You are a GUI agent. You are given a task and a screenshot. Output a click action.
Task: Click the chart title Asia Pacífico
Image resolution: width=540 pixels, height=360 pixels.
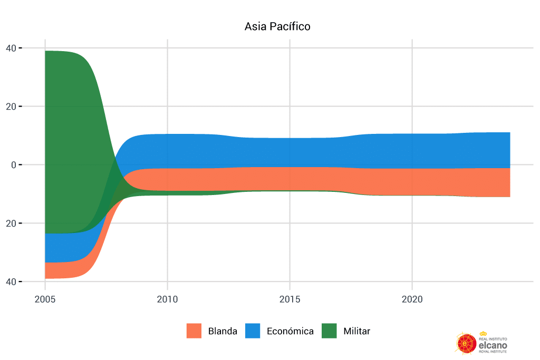tap(277, 26)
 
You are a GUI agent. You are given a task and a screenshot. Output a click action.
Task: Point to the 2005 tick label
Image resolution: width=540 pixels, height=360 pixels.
tap(45, 299)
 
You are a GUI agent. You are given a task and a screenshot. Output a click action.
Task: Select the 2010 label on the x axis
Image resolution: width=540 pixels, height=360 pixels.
tap(167, 299)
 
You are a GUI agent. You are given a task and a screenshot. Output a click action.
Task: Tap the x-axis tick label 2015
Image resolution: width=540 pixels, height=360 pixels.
tap(290, 299)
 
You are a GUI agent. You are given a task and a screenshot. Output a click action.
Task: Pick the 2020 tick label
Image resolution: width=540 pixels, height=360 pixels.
tap(412, 299)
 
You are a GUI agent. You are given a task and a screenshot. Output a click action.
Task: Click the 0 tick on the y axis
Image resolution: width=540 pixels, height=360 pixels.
tap(15, 165)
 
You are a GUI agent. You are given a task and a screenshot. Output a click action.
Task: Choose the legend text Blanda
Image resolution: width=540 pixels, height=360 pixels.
tap(223, 332)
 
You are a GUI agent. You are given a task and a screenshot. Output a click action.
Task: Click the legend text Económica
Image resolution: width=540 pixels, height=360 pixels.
tap(290, 332)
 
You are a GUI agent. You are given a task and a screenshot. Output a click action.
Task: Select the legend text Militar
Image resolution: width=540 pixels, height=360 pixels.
tap(356, 332)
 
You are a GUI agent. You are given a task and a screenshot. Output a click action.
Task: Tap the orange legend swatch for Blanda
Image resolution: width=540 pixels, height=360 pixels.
tap(194, 331)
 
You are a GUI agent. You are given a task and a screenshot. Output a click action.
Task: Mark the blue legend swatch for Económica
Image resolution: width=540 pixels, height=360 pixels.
tap(253, 331)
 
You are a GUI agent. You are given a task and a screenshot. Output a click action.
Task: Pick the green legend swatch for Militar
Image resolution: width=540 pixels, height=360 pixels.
tap(329, 331)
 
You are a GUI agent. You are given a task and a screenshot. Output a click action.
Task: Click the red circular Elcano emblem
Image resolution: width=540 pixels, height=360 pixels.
tap(466, 343)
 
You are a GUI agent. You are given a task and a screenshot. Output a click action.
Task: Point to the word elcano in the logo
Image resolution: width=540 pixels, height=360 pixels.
tap(493, 344)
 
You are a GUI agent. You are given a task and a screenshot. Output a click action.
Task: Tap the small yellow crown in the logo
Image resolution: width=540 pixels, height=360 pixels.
tap(483, 334)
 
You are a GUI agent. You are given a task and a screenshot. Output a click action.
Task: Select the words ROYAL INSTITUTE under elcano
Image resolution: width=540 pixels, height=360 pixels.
tap(493, 351)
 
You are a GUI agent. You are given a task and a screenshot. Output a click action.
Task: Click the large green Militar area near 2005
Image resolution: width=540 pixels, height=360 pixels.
tap(69, 132)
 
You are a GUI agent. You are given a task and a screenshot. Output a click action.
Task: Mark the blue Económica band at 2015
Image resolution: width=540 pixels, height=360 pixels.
tap(290, 153)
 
